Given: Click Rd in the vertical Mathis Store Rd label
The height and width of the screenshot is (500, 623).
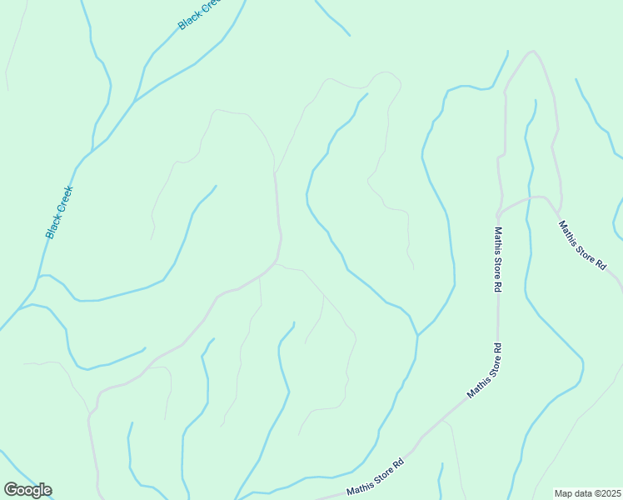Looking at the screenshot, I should click(x=497, y=284).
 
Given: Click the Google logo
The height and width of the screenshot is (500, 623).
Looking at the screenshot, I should click(x=27, y=490).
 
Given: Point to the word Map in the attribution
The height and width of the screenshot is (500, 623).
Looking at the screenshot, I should click(x=564, y=493).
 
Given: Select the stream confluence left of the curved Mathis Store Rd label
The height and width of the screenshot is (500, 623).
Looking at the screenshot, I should click(x=416, y=335).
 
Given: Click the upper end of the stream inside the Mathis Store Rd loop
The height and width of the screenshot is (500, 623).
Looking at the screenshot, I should click(x=534, y=101).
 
